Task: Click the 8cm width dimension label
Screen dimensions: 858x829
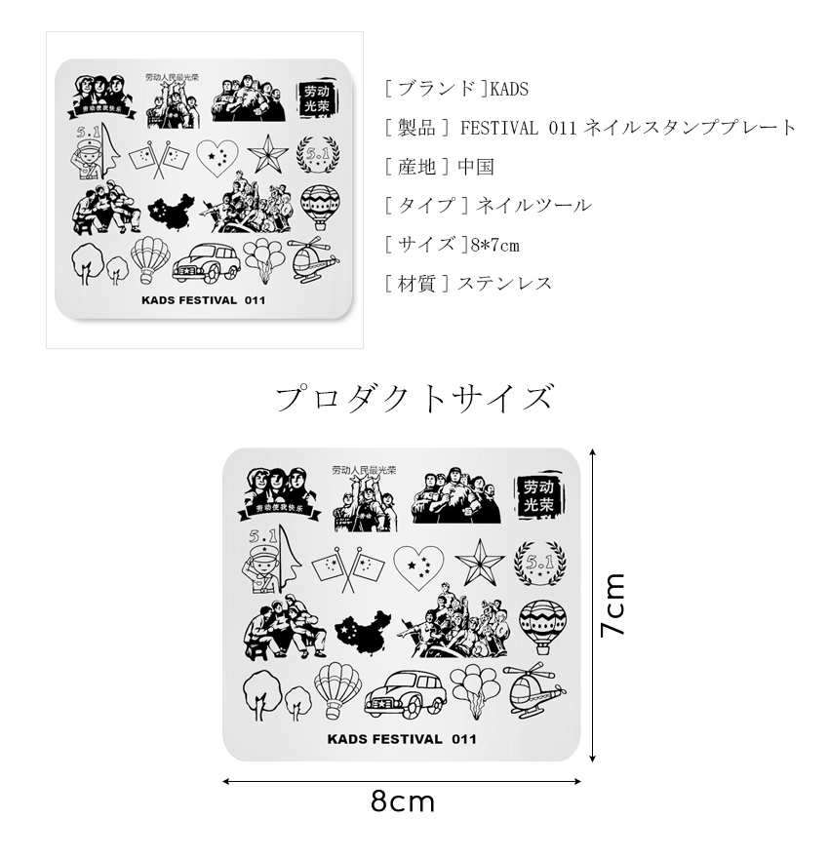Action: tap(402, 802)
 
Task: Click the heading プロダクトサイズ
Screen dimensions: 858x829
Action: tap(414, 399)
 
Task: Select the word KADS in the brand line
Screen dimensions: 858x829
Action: tap(508, 89)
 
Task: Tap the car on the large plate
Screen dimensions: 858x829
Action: tap(404, 695)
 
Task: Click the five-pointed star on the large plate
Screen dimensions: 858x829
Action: tap(480, 563)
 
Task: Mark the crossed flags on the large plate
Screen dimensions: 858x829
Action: tap(349, 567)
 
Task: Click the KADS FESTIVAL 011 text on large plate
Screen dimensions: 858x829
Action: tap(402, 738)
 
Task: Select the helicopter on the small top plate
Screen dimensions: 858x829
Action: tap(315, 260)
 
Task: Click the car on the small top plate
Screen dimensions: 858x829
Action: tap(207, 262)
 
